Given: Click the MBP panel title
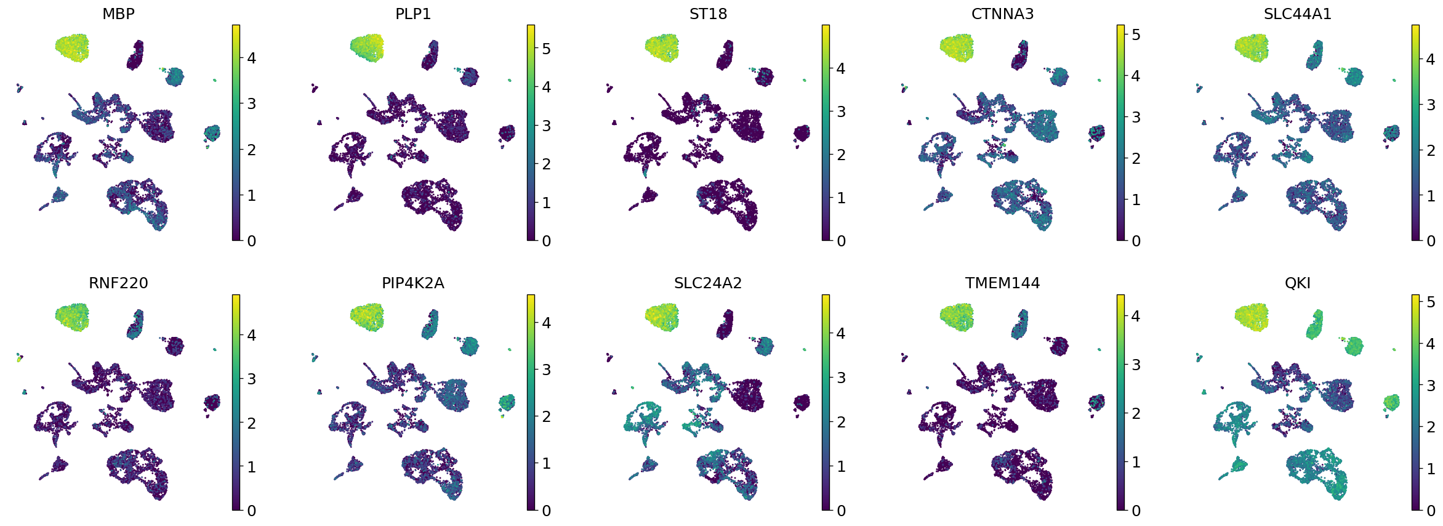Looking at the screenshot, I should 118,14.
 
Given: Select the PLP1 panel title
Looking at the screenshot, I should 413,14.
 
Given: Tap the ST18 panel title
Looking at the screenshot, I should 708,14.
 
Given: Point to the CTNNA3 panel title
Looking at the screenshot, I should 1002,14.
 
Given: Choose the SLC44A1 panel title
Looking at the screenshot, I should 1297,14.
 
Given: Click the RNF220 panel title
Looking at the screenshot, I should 118,283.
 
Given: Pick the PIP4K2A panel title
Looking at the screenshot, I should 413,283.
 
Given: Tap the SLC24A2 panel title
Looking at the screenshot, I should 708,283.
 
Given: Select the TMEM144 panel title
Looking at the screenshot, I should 1002,283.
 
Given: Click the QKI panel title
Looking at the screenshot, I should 1297,283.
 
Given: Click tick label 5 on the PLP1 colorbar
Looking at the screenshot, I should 546,49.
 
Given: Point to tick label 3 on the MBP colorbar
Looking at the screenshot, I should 251,104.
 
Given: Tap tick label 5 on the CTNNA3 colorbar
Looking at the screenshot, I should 1136,35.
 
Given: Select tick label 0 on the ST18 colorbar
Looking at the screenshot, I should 841,241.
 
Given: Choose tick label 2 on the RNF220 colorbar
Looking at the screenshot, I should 251,424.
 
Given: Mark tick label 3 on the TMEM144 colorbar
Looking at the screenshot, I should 1136,365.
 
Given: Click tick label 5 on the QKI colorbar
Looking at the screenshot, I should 1431,302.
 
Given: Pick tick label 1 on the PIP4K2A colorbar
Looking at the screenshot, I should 546,464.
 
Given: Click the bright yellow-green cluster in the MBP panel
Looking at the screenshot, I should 72,47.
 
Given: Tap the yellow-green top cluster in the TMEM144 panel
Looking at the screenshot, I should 957,317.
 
